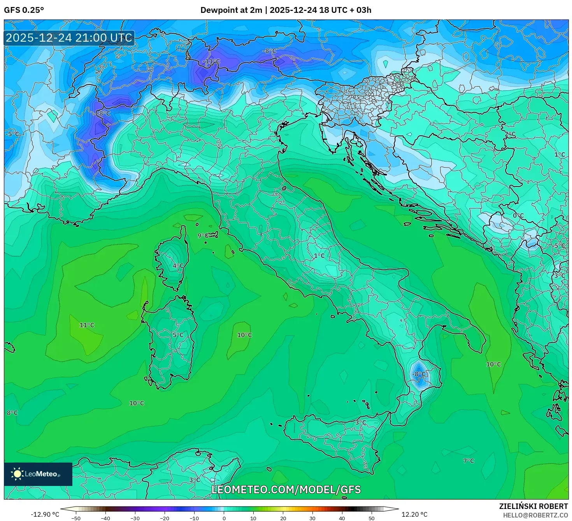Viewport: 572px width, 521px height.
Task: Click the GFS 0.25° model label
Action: tap(24, 10)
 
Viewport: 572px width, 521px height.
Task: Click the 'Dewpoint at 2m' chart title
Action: tap(231, 10)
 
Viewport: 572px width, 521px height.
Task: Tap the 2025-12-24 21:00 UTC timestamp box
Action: tap(69, 38)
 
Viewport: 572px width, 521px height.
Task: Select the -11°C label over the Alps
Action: tap(211, 62)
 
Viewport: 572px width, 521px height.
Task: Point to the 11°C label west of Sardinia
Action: tap(87, 325)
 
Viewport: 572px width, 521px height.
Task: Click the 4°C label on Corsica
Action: tap(178, 266)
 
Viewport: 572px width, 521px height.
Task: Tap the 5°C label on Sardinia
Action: tap(178, 335)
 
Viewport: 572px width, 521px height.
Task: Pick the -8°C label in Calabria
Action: tap(419, 374)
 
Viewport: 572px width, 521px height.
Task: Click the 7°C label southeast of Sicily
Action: tap(468, 461)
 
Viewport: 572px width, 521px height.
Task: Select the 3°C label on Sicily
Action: tap(361, 422)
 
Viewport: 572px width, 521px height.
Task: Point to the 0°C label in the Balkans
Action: tap(518, 216)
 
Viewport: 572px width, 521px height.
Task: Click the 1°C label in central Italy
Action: tap(319, 256)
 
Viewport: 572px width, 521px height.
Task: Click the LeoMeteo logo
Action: tap(38, 474)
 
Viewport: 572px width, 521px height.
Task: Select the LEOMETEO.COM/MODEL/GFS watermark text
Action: tap(286, 489)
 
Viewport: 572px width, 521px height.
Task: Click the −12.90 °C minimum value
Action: tap(45, 514)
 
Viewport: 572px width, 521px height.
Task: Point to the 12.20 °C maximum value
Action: tap(414, 514)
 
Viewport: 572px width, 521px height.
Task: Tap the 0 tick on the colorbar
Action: tap(224, 518)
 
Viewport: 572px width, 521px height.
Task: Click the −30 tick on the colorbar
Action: tap(135, 518)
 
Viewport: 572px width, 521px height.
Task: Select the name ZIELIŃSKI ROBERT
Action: tap(533, 506)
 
